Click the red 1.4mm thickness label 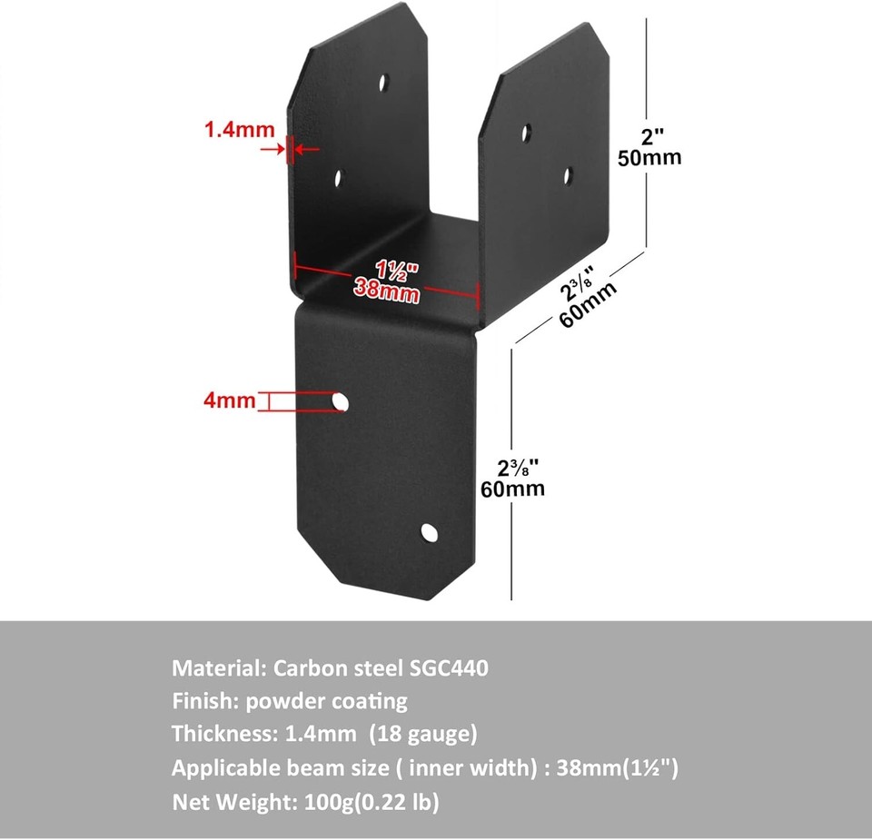[x=239, y=130]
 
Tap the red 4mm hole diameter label [x=230, y=400]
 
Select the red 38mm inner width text [x=386, y=292]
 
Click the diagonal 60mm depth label [x=591, y=309]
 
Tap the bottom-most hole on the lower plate [x=428, y=533]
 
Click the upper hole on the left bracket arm [x=383, y=81]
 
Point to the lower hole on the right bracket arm [x=568, y=174]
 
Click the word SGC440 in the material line [x=448, y=668]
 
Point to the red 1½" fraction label [x=396, y=271]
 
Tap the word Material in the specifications [x=214, y=668]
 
